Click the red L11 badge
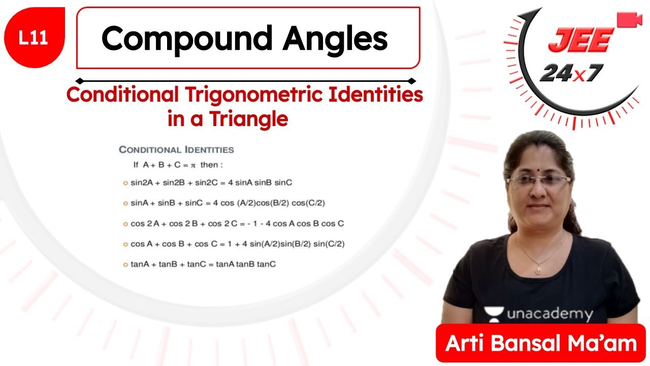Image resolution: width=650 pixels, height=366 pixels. point(34,39)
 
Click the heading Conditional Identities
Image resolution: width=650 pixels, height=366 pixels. point(176,149)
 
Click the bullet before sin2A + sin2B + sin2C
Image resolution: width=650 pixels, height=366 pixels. point(125,182)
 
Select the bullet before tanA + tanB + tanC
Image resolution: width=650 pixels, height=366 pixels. point(125,264)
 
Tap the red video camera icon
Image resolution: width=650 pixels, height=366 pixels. point(629,19)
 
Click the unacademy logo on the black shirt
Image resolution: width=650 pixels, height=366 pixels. point(538,314)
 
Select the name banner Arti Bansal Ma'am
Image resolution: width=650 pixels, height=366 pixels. point(541,343)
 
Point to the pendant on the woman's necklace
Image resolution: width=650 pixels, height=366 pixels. point(537,271)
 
